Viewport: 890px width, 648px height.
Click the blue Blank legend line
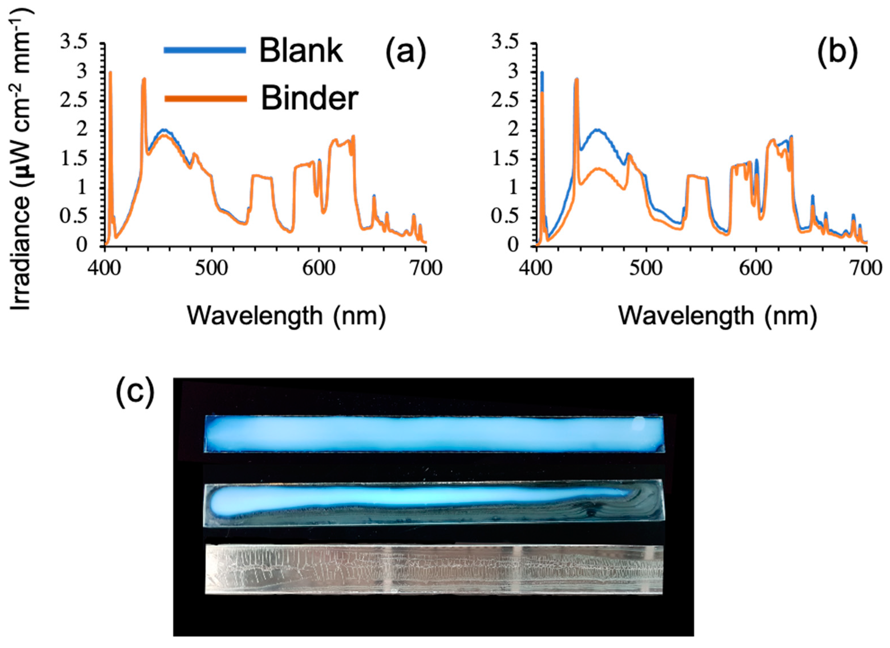(x=204, y=50)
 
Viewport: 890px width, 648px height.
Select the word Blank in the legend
(x=301, y=51)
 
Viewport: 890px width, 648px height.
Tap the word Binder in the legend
(x=309, y=99)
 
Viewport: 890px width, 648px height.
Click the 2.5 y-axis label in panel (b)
(x=506, y=101)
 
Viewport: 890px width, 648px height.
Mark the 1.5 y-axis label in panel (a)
(x=73, y=158)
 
